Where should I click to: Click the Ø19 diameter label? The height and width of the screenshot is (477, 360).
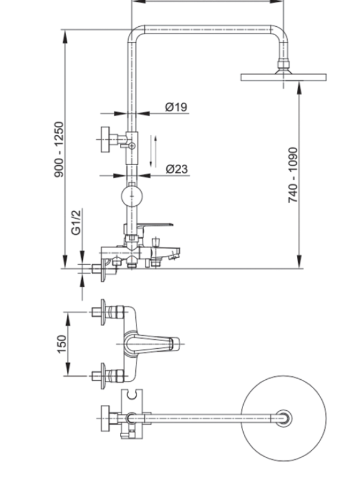176,107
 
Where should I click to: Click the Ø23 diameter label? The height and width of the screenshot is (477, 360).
176,169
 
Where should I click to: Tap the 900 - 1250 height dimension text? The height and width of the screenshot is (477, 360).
60,149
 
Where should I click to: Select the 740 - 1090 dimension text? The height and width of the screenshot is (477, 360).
293,174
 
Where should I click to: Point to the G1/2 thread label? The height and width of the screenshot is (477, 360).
76,222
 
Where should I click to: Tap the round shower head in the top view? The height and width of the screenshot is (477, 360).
285,418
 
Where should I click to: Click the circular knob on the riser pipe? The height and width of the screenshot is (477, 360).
132,196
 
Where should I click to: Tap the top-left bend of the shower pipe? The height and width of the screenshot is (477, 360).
135,32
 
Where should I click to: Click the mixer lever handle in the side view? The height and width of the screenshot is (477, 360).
157,225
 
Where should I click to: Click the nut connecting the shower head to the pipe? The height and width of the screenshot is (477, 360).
283,65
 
